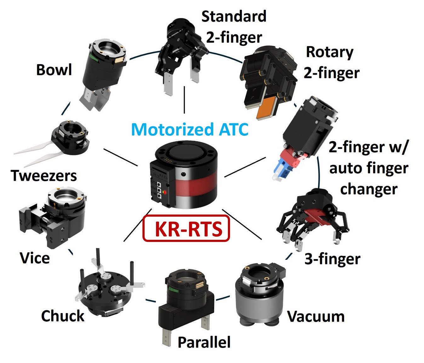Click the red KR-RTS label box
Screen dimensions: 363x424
coord(186,229)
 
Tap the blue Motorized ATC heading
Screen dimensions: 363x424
coord(190,129)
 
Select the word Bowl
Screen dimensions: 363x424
coord(54,70)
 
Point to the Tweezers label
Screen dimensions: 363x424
coord(44,176)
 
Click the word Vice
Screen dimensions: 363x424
coord(35,258)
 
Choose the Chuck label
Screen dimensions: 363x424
coord(63,316)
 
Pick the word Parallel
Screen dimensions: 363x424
coord(204,342)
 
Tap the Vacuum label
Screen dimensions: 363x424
coord(316,316)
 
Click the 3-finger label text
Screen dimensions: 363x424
coord(332,259)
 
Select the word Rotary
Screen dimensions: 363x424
coord(329,52)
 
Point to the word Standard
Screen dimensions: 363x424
coord(234,16)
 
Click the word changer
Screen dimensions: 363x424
coord(369,189)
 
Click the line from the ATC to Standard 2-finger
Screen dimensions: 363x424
coord(184,100)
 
